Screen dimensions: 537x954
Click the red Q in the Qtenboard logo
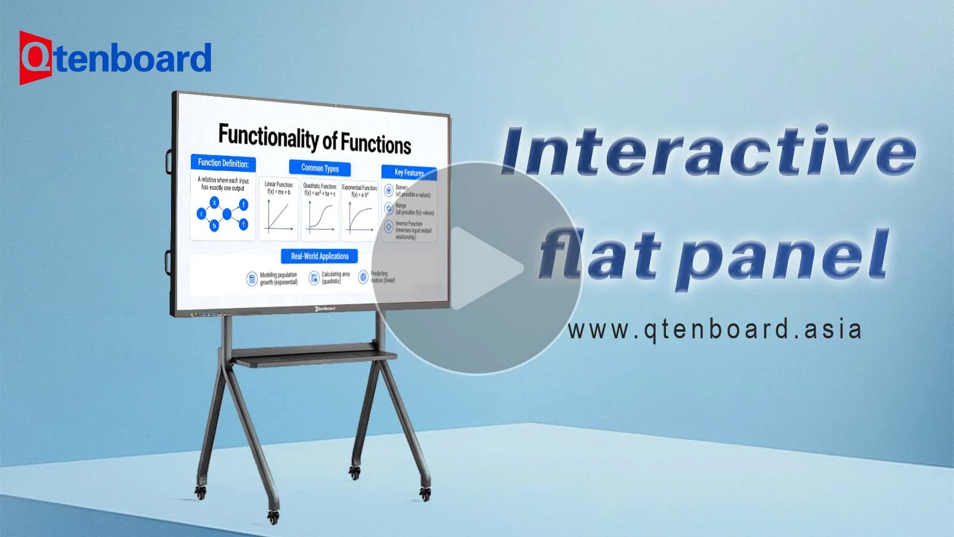point(35,58)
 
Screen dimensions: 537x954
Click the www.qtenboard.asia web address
point(714,329)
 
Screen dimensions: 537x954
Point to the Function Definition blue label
point(223,163)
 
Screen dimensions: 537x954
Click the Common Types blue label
point(320,168)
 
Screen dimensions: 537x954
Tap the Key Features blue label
point(409,172)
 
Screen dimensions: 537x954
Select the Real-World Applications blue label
point(320,256)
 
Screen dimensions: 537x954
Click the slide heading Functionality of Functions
point(315,139)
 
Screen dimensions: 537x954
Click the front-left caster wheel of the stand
point(274,517)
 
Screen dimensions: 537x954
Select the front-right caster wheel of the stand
point(425,493)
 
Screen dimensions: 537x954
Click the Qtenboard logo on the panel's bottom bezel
point(325,308)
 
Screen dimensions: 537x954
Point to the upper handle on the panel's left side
point(169,159)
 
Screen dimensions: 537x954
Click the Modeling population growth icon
point(252,279)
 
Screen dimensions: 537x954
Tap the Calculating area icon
point(314,278)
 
